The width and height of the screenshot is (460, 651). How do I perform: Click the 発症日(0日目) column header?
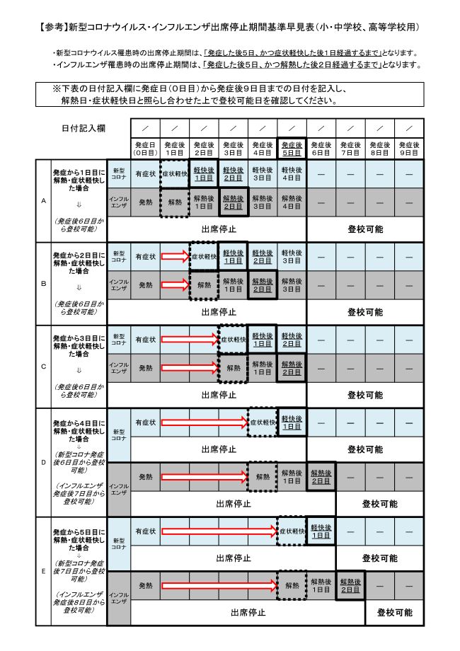click(x=144, y=148)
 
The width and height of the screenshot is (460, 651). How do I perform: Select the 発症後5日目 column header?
click(x=292, y=148)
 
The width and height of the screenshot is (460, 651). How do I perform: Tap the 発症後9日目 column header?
click(x=408, y=148)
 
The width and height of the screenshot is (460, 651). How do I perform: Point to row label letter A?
click(x=44, y=201)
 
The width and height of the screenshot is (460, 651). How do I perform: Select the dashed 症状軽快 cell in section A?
click(x=174, y=173)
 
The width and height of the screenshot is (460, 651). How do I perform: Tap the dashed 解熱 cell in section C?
click(x=233, y=368)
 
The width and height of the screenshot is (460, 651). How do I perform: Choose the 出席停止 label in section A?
click(x=218, y=229)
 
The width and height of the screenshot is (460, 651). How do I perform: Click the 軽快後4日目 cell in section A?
click(x=292, y=173)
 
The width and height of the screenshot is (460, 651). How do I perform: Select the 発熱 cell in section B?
click(x=144, y=285)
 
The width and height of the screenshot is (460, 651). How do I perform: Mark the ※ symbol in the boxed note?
click(x=56, y=89)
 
